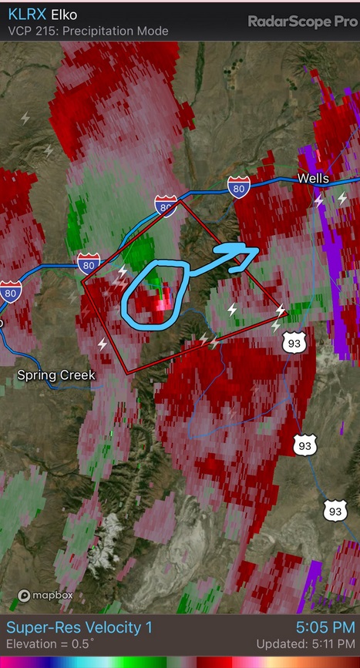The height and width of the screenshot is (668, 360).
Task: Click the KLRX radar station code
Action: (25, 15)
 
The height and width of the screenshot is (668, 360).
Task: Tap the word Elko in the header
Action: (66, 15)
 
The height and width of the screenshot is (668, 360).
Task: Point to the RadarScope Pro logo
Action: (302, 22)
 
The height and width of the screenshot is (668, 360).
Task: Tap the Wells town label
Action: (313, 179)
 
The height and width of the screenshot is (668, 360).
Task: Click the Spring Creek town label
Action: (56, 375)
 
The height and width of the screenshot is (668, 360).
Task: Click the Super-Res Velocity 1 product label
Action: (79, 628)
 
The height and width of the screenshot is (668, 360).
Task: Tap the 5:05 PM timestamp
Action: (325, 628)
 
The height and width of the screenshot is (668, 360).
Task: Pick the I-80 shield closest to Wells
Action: (238, 186)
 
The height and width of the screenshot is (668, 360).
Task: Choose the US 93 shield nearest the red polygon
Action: (294, 342)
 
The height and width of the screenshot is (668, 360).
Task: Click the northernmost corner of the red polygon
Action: (181, 201)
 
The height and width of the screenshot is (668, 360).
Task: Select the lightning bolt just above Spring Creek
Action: (103, 344)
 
